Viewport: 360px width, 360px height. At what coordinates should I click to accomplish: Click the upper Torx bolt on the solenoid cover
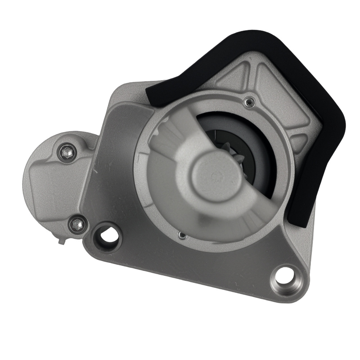click(67, 153)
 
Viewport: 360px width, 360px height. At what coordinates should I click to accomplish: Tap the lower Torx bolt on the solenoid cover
click(77, 225)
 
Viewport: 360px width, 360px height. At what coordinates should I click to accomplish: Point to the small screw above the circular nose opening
click(248, 103)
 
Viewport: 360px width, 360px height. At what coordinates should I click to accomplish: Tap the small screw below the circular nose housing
click(183, 236)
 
